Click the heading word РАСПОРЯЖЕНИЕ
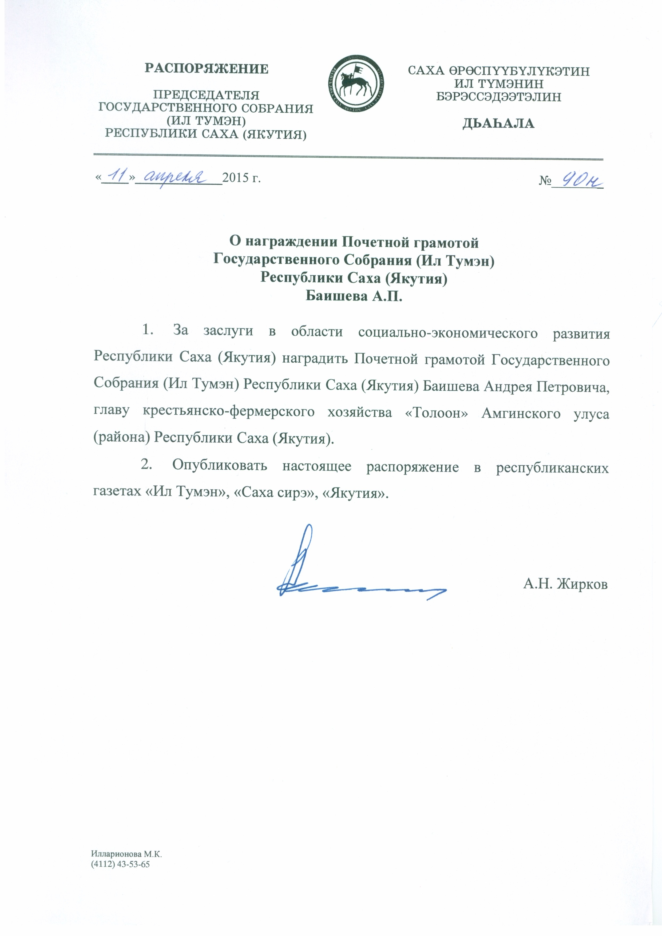tap(207, 69)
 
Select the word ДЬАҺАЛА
tap(498, 124)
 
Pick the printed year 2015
tap(236, 178)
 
